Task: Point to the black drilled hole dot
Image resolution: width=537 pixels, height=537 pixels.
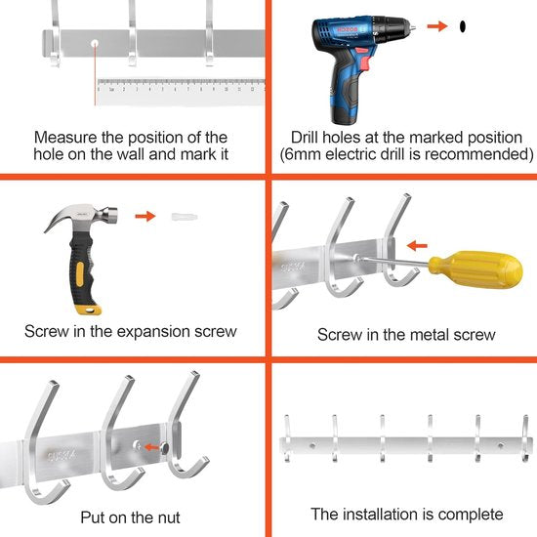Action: (x=463, y=26)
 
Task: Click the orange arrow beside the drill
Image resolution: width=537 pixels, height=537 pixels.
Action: (x=437, y=26)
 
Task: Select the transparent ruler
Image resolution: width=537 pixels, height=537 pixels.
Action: (x=181, y=92)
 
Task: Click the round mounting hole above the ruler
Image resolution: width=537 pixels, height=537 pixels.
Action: (x=95, y=44)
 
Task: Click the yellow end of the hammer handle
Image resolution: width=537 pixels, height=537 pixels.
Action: (x=88, y=310)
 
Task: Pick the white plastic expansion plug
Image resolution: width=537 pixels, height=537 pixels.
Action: (x=185, y=217)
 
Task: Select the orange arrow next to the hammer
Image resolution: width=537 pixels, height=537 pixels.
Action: (x=145, y=216)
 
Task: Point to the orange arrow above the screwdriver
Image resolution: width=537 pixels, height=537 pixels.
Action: (x=417, y=245)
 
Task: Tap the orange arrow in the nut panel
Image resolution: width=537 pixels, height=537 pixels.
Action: (x=151, y=447)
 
